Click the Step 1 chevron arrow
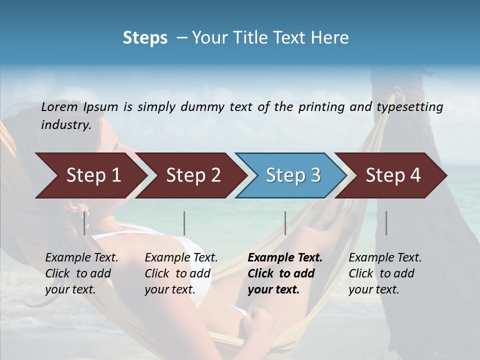click(92, 175)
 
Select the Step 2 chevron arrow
click(192, 175)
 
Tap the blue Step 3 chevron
click(292, 175)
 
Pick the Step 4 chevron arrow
click(392, 175)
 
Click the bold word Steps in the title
click(145, 38)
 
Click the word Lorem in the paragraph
click(59, 107)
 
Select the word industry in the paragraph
click(65, 125)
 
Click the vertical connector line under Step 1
click(84, 223)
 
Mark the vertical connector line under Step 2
click(184, 223)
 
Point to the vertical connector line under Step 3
click(285, 223)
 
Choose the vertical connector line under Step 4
click(386, 223)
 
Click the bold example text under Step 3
click(284, 273)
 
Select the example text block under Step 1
click(81, 273)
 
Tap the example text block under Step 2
click(181, 273)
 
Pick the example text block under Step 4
click(385, 273)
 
